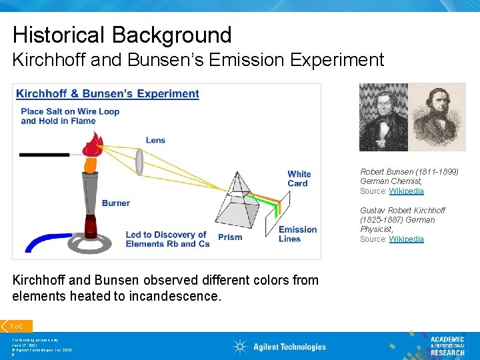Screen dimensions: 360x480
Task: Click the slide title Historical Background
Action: (122, 35)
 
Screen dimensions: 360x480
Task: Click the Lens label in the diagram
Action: (155, 140)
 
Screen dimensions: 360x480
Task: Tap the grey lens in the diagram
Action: (140, 161)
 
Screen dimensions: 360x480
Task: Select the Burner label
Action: (115, 203)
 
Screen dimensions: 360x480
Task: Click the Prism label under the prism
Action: (230, 237)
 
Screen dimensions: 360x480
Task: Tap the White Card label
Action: (299, 179)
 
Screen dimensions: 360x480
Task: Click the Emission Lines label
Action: (297, 234)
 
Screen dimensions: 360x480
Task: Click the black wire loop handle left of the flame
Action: (44, 155)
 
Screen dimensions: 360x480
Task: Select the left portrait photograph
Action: (383, 117)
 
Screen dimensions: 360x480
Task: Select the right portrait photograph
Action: (437, 117)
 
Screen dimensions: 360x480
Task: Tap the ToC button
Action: (17, 326)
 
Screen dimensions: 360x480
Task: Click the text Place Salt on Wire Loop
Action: (70, 111)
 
